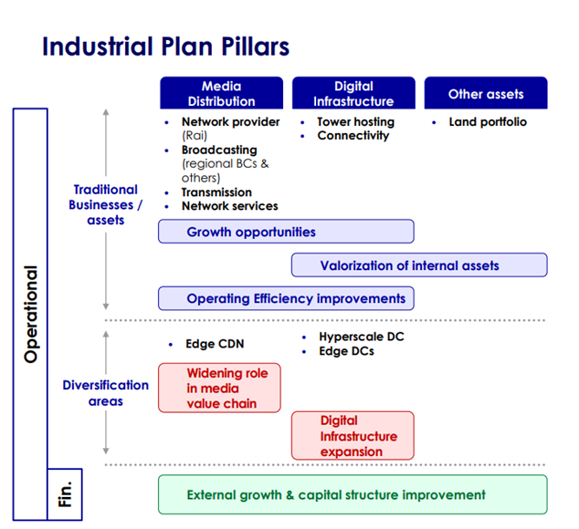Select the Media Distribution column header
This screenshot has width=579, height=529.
pyautogui.click(x=221, y=94)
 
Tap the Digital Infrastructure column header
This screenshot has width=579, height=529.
pyautogui.click(x=353, y=94)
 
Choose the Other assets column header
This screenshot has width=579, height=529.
pyautogui.click(x=486, y=94)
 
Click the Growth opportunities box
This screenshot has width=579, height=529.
pyautogui.click(x=286, y=232)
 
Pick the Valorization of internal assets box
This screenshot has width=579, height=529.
pyautogui.click(x=419, y=265)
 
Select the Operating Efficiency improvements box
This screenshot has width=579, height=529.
pyautogui.click(x=286, y=298)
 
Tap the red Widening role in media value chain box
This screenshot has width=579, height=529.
pyautogui.click(x=219, y=388)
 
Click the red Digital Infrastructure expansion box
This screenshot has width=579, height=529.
pyautogui.click(x=353, y=436)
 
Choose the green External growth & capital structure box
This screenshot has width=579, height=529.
pyautogui.click(x=353, y=494)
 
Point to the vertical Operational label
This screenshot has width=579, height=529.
pyautogui.click(x=30, y=315)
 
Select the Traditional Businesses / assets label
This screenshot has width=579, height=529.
pyautogui.click(x=106, y=204)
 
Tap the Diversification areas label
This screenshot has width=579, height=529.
pyautogui.click(x=106, y=393)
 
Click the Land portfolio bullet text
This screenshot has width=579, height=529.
pyautogui.click(x=488, y=122)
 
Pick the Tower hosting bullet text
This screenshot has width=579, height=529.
pyautogui.click(x=355, y=122)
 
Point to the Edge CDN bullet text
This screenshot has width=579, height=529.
pyautogui.click(x=214, y=344)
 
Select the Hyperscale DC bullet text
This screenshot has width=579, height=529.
pyautogui.click(x=361, y=337)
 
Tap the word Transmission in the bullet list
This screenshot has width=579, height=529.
pyautogui.click(x=216, y=192)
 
